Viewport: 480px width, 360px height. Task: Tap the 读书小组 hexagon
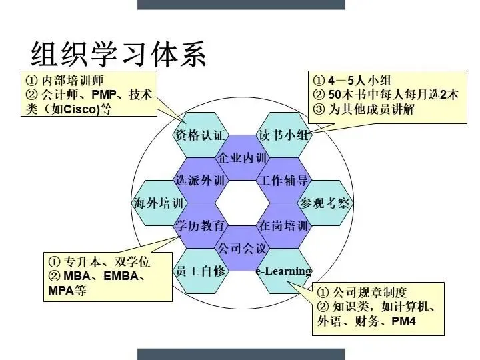[x=283, y=135]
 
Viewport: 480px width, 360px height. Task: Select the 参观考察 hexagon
[x=325, y=203]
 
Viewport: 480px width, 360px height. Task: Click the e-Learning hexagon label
[x=284, y=271]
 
